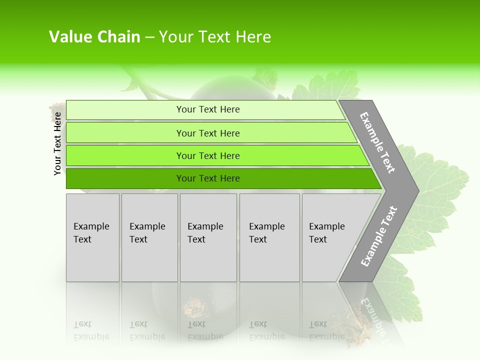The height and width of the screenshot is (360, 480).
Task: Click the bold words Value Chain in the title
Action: [94, 37]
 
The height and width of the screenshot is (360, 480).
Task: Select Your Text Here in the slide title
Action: [215, 37]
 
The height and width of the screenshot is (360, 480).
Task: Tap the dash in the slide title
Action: [149, 37]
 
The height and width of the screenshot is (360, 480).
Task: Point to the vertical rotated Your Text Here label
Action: [58, 143]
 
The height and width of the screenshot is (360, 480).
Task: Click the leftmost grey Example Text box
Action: [92, 237]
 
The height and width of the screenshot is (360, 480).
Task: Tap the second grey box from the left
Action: [149, 237]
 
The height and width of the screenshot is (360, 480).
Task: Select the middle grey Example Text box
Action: [208, 237]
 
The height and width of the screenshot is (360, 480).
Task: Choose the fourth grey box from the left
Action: [269, 237]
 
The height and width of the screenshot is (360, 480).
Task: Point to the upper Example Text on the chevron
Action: [377, 142]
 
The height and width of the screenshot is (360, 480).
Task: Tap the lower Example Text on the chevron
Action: [378, 236]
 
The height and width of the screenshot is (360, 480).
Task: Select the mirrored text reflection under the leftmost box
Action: [91, 330]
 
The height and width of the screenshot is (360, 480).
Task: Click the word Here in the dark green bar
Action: [229, 178]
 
